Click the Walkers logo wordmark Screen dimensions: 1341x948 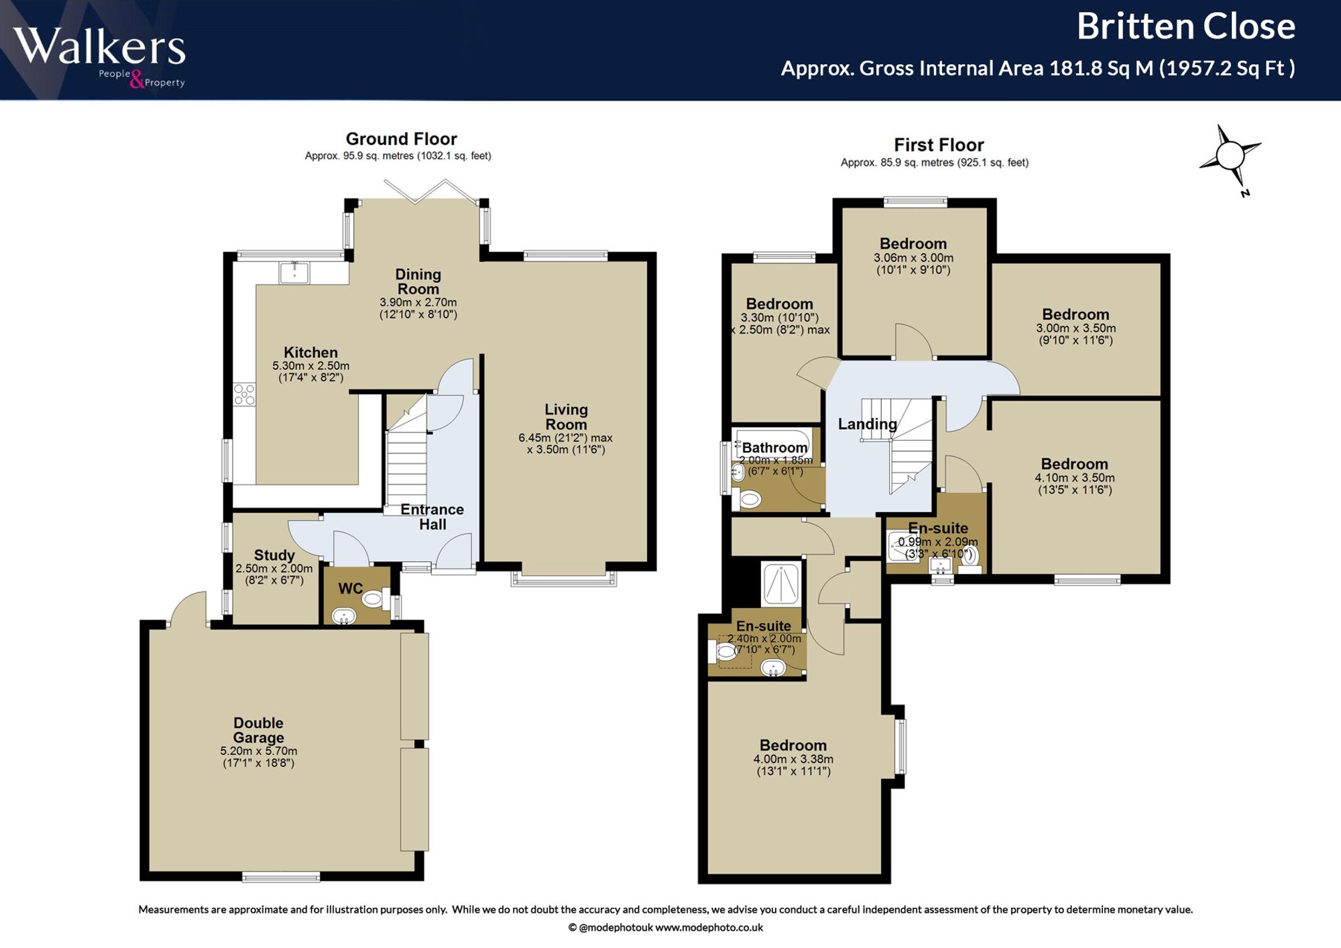click(99, 47)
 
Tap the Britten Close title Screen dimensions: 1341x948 click(1185, 27)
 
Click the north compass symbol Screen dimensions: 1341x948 click(1232, 158)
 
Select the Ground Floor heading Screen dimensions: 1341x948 click(401, 139)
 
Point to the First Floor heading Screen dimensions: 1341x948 click(939, 145)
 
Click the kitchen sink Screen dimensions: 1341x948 click(294, 272)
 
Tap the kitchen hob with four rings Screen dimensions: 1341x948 click(244, 394)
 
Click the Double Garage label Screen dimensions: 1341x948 click(258, 730)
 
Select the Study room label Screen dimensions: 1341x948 click(274, 555)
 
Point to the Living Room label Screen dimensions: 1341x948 click(566, 417)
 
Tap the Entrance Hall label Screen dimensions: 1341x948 click(432, 517)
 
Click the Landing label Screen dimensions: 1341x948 click(867, 424)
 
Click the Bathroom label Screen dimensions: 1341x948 click(774, 447)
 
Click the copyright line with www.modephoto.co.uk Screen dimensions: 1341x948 click(665, 927)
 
